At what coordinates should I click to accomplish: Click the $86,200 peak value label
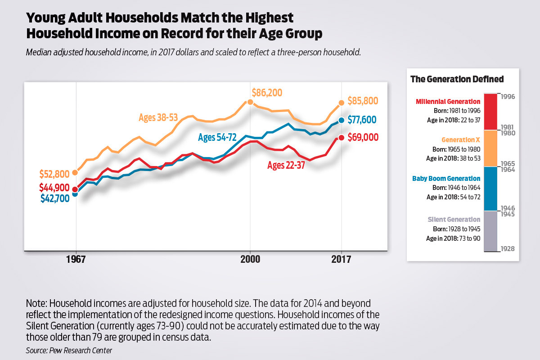[267, 93]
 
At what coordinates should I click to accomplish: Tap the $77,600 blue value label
[362, 120]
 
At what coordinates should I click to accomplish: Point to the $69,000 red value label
[362, 137]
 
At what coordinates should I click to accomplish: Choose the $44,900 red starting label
[54, 187]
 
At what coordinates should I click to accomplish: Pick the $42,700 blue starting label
[54, 199]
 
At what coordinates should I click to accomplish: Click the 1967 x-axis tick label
[76, 260]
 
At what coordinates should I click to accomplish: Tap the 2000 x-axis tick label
[250, 260]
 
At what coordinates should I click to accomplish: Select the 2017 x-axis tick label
[342, 260]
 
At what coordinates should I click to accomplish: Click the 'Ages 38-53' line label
[158, 118]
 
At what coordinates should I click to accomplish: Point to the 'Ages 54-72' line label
[217, 138]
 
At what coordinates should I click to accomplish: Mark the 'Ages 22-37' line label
[287, 165]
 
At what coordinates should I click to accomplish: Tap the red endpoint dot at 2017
[342, 138]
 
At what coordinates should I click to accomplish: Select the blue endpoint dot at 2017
[342, 120]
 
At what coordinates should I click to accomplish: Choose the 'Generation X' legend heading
[463, 140]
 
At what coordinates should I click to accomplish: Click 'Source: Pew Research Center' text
[69, 350]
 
